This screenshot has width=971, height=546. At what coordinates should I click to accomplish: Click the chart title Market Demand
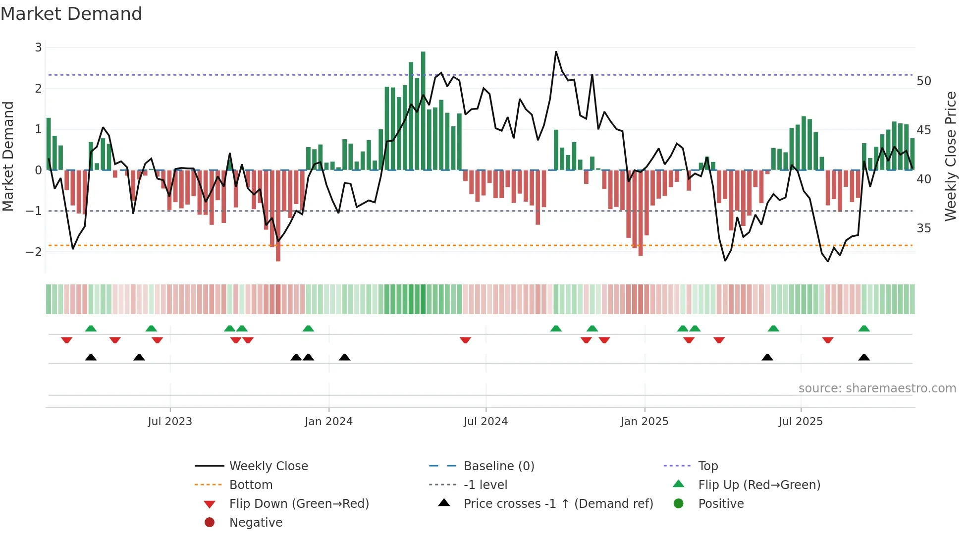71,14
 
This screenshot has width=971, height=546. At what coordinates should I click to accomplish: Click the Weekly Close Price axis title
950,156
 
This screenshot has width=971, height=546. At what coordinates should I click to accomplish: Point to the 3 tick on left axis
38,48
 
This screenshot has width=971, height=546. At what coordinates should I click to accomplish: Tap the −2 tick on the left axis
34,252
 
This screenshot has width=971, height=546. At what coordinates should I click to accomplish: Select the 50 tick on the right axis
923,81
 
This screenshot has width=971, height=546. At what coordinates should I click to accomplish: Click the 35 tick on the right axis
923,228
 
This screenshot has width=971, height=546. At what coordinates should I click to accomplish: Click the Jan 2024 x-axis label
328,422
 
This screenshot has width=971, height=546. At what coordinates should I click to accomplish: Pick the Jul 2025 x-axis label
800,422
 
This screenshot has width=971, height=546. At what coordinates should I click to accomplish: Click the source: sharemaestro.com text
877,388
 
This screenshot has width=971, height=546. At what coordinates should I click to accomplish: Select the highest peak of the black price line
556,52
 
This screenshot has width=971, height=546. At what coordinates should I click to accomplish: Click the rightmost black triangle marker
864,358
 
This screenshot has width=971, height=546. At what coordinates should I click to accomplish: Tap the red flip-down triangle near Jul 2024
465,340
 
